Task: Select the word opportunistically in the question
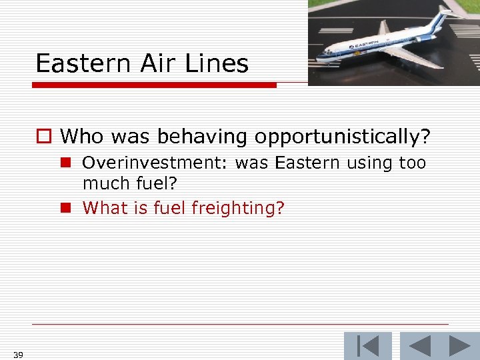point(339,137)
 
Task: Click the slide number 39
point(18,355)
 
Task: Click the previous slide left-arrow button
point(419,346)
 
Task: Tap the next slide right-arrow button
point(459,346)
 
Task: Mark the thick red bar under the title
point(155,85)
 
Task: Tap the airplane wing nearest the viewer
point(407,59)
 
